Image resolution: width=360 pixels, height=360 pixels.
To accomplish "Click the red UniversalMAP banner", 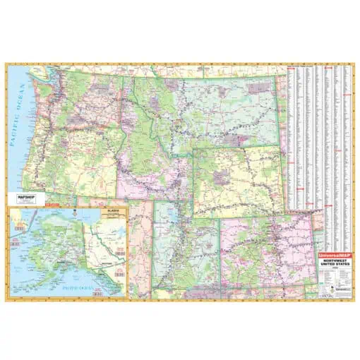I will click(x=335, y=253).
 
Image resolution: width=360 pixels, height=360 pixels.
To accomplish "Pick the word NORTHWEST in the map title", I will click(x=335, y=260).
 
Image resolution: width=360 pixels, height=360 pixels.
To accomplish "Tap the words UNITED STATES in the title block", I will click(x=335, y=265).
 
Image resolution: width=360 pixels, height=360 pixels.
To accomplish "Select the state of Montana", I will click(x=212, y=106).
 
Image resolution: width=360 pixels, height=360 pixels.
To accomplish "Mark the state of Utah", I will click(x=187, y=240).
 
